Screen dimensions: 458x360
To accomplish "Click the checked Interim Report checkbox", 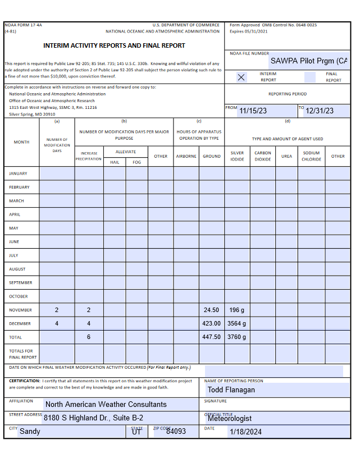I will click(241, 77).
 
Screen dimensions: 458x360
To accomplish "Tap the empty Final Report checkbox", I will click(309, 77).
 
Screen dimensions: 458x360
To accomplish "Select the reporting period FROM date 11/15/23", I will click(253, 111).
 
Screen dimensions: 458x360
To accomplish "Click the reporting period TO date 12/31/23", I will click(320, 111).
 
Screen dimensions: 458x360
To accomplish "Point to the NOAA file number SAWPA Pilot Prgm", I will click(308, 61).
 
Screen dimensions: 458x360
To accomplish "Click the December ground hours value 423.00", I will click(212, 324).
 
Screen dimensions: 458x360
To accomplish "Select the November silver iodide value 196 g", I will click(237, 310).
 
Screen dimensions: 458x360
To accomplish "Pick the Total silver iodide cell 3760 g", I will click(237, 337).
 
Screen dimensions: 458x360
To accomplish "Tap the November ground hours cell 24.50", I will click(212, 310).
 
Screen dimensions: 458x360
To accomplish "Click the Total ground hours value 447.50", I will click(212, 337).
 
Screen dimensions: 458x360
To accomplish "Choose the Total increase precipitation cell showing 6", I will click(89, 337).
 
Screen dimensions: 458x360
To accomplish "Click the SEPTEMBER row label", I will click(21, 283).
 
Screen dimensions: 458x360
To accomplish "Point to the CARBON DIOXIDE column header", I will click(263, 156).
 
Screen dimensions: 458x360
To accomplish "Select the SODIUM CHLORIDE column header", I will click(311, 156).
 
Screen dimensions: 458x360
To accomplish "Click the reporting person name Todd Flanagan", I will click(231, 390).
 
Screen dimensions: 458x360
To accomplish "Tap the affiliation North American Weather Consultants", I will click(106, 404).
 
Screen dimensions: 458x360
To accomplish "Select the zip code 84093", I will click(176, 432).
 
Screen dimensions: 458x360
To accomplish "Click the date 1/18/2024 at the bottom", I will click(245, 432).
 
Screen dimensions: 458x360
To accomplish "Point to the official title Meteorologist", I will click(230, 418).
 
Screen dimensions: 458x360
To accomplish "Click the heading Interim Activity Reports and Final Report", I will click(114, 45).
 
